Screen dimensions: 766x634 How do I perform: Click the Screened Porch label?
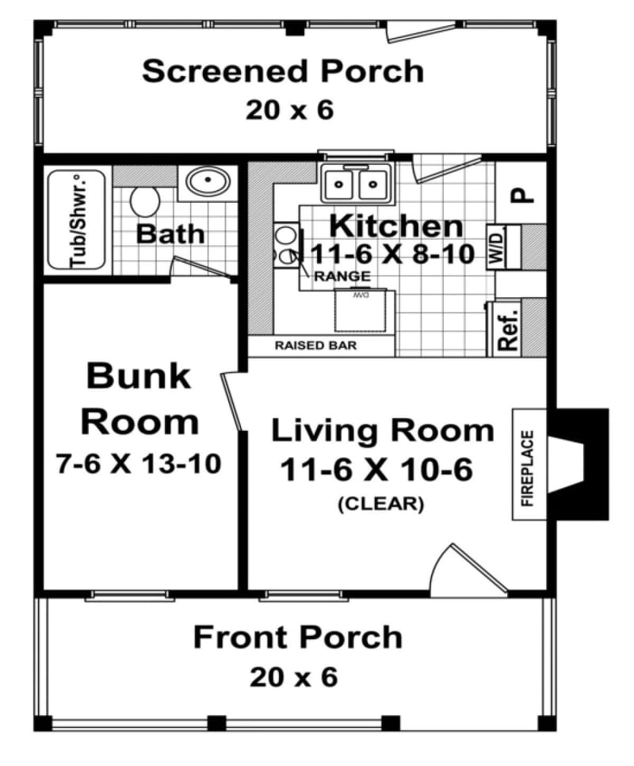283,71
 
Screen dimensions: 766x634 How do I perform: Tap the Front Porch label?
297,637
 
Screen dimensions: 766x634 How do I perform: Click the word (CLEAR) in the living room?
380,503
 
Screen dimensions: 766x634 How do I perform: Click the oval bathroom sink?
208,182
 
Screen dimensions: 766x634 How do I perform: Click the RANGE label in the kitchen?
342,276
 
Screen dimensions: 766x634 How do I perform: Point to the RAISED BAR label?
315,345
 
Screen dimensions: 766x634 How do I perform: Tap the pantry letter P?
519,194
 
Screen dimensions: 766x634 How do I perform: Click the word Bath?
170,234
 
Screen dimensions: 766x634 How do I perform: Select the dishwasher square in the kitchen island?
365,311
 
